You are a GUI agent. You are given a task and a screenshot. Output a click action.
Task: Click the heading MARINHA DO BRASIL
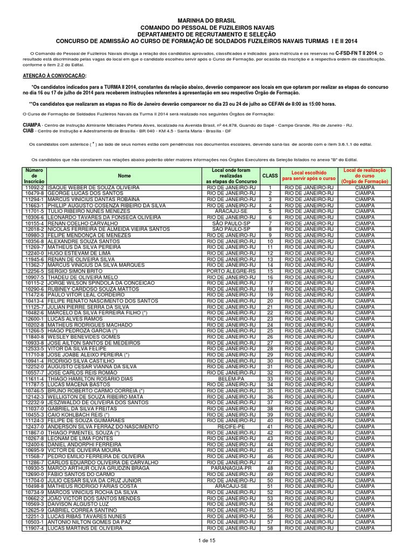[207, 19]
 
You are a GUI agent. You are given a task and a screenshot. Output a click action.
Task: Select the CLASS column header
[270, 176]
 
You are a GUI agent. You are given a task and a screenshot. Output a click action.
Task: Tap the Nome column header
[124, 176]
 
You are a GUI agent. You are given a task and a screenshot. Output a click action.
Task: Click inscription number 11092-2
[34, 189]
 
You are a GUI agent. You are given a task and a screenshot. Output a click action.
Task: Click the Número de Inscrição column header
[34, 176]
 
